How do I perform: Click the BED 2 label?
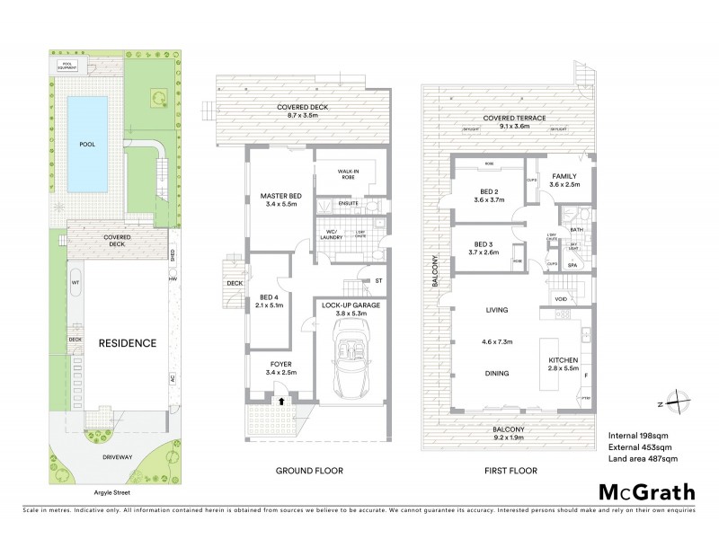[x=489, y=192]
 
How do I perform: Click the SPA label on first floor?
[x=571, y=265]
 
